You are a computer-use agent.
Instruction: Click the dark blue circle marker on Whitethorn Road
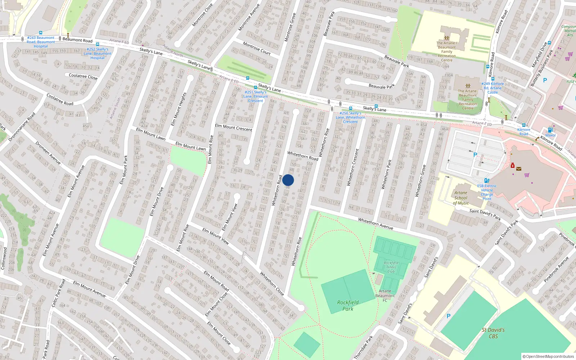click(288, 180)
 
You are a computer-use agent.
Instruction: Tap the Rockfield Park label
click(348, 305)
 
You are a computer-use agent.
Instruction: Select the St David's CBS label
click(493, 333)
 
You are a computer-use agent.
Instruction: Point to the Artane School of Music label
click(461, 198)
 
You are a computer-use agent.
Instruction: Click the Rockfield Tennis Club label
click(391, 267)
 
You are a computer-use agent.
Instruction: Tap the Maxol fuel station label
click(550, 135)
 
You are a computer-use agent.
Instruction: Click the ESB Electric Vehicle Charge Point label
click(487, 192)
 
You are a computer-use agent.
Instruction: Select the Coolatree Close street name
click(83, 76)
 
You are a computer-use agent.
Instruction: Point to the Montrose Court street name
click(257, 48)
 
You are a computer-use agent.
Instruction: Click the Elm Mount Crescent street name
click(234, 127)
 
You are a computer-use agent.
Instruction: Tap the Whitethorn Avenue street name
click(375, 224)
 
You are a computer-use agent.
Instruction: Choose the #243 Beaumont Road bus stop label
click(41, 42)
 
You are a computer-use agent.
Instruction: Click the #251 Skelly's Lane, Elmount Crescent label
click(256, 96)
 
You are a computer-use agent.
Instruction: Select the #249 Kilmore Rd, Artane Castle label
click(492, 88)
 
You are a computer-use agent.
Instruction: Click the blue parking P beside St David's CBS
click(448, 316)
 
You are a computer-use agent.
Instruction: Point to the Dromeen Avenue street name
click(48, 153)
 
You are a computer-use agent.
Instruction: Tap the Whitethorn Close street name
click(272, 284)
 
